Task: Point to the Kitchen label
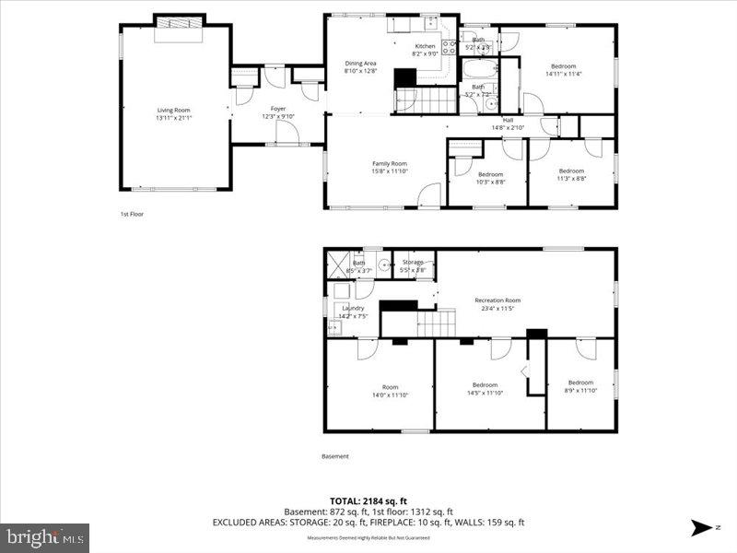tap(425, 46)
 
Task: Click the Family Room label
tap(389, 163)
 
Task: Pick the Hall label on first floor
tap(508, 119)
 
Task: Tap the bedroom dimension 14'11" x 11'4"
tap(564, 74)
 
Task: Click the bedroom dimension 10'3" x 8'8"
tap(490, 182)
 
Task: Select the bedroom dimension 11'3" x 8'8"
tap(571, 178)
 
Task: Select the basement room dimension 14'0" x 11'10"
tap(390, 394)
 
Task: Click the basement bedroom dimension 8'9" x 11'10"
tap(580, 391)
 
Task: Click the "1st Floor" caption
tap(132, 214)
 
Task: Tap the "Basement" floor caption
tap(335, 456)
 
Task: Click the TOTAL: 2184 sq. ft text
tap(368, 501)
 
